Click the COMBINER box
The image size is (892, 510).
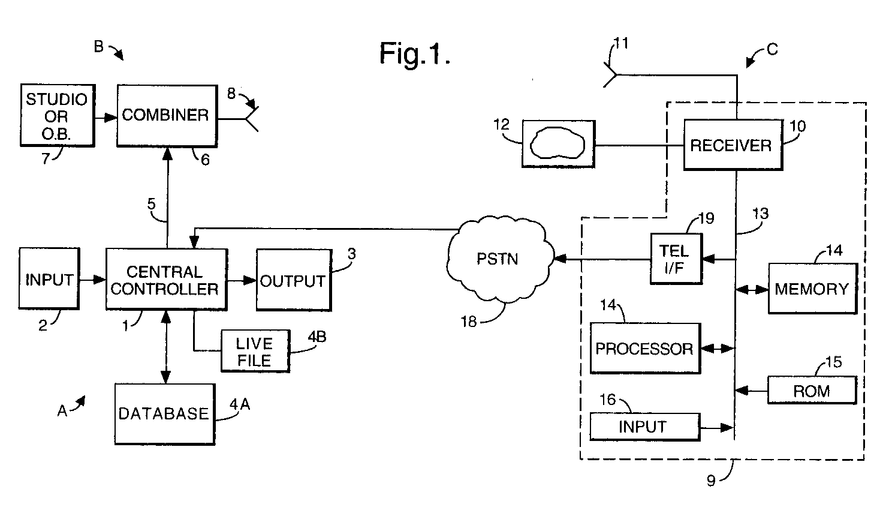(166, 115)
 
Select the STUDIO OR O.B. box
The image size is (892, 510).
(57, 116)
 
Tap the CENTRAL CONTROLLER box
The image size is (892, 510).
(166, 280)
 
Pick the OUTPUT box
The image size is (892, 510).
(294, 280)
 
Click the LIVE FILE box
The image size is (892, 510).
(255, 351)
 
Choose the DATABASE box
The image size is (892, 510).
(164, 414)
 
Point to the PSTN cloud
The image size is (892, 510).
(498, 259)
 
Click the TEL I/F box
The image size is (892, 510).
(676, 259)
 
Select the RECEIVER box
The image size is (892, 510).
(732, 145)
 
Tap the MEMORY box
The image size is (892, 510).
(812, 289)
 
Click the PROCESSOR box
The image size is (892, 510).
(645, 349)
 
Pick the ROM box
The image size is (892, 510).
(812, 391)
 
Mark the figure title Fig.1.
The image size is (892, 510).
(414, 54)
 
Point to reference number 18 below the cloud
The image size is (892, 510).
(468, 322)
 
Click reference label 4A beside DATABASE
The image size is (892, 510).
(240, 405)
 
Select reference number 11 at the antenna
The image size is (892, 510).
(621, 43)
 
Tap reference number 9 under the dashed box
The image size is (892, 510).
(711, 481)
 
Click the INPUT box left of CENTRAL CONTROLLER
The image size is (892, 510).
(49, 279)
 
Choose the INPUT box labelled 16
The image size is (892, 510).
(644, 427)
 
